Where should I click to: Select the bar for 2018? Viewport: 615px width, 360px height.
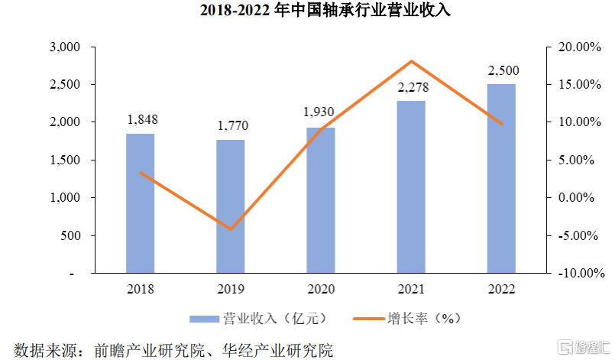pos(140,203)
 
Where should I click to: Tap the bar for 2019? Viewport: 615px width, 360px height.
pos(231,206)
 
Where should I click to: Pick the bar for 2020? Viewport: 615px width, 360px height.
pos(321,200)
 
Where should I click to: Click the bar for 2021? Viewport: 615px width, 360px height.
pos(411,187)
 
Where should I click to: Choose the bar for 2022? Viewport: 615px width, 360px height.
pos(501,178)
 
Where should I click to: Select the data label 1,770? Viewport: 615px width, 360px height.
pos(231,126)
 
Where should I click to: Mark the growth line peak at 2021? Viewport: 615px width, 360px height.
pos(411,61)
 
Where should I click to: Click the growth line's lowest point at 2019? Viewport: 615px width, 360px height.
pos(231,229)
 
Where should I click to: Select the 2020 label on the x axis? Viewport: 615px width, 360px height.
pos(321,289)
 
